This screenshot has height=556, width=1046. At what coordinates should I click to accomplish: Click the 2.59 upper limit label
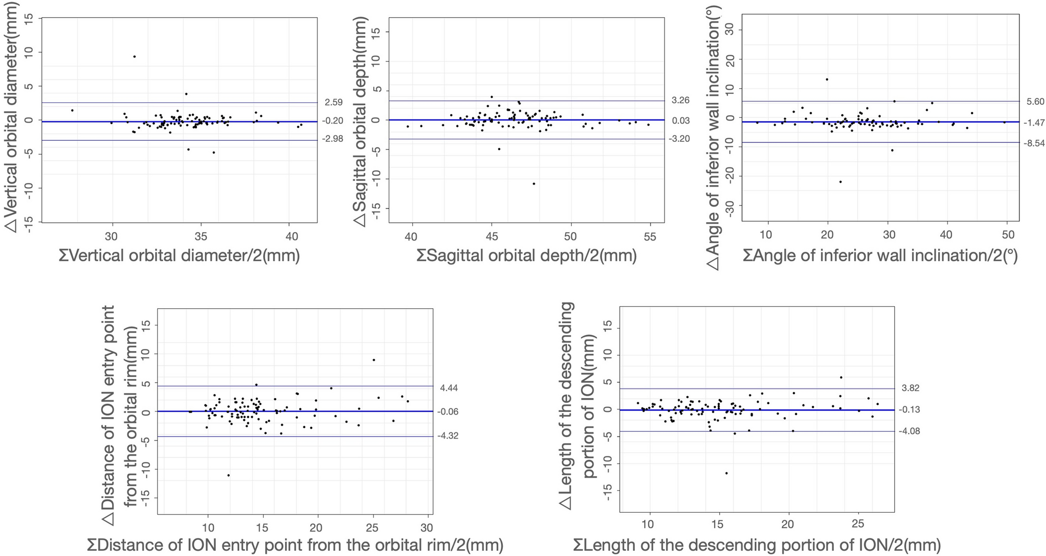[334, 103]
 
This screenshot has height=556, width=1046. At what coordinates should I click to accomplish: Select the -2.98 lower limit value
[334, 139]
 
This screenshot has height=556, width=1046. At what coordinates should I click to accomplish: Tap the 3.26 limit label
[681, 100]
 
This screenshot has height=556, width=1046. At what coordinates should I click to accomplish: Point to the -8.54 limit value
[1035, 142]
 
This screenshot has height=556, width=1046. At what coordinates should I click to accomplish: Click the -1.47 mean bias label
[1035, 123]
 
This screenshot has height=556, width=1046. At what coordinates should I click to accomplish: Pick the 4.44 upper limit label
[449, 388]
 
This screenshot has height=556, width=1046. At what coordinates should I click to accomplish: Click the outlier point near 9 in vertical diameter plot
[134, 56]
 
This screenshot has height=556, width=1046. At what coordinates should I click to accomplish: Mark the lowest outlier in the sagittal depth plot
[534, 184]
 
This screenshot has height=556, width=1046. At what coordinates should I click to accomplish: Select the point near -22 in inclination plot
[840, 182]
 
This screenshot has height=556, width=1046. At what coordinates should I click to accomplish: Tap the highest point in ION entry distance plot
[374, 360]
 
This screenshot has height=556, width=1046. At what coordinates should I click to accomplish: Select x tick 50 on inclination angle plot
[1007, 235]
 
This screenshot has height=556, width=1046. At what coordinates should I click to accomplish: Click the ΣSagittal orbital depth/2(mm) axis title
[526, 256]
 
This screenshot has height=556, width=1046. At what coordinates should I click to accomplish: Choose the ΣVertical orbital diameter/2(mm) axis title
[179, 256]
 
